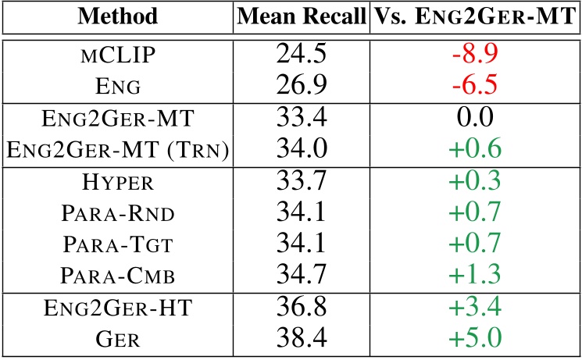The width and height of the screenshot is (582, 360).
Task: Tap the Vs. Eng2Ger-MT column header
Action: [474, 16]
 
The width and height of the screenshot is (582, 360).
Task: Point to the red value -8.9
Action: [474, 54]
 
